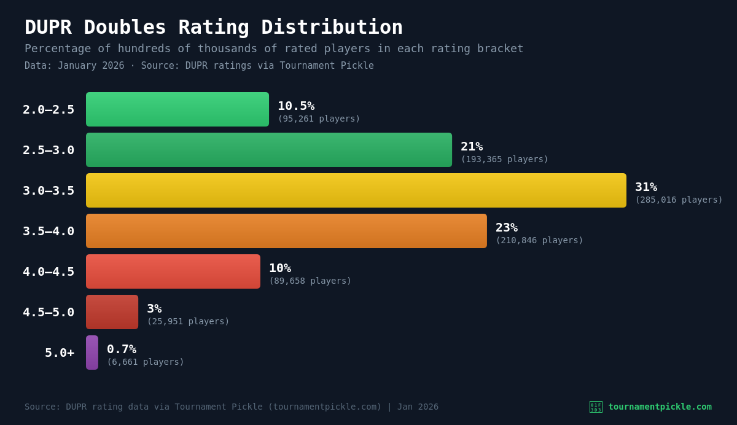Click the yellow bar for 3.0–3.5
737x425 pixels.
356,190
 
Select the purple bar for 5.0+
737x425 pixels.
92,353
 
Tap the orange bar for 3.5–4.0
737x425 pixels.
286,231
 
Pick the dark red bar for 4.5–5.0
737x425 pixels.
112,312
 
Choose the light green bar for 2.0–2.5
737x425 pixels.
177,109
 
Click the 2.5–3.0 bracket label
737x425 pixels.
49,150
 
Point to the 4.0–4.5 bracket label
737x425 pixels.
49,271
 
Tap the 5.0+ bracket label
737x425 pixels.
60,353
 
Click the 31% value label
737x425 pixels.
646,187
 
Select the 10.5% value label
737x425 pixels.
296,106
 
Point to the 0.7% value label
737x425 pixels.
122,349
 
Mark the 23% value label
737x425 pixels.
507,227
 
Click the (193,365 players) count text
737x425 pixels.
504,159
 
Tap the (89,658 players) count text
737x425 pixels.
310,281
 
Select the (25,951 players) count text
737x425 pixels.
188,321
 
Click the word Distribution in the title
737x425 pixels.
332,27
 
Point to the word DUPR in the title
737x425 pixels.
48,27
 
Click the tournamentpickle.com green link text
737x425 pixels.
660,407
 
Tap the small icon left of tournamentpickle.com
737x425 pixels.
596,407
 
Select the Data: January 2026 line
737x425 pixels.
74,66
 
